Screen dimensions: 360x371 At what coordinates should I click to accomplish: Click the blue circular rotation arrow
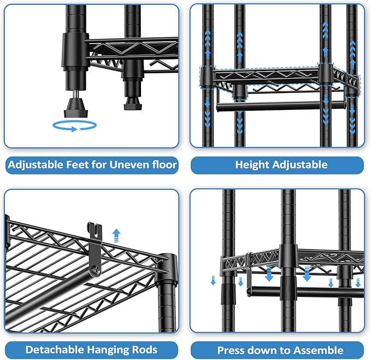tap(74, 126)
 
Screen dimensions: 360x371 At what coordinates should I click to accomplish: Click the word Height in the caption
tap(251, 165)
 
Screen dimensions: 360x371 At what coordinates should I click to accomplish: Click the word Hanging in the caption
tap(111, 350)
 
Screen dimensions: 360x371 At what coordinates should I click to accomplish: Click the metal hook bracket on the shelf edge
tap(95, 246)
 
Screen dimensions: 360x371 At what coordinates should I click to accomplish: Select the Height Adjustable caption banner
tap(276, 165)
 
